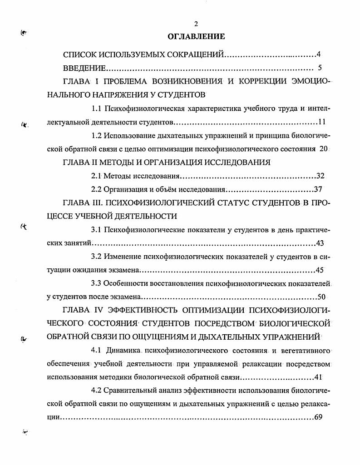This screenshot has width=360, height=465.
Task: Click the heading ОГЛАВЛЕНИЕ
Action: [196, 36]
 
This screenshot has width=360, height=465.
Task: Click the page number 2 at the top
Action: [196, 24]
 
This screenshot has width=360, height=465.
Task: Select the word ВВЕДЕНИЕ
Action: [85, 68]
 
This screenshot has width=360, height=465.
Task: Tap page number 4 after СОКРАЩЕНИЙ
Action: [319, 55]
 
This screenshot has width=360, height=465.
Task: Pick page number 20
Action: [323, 148]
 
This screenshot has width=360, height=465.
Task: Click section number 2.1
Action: [96, 176]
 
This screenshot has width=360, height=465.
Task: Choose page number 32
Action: [320, 176]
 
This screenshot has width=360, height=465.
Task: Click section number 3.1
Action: [96, 230]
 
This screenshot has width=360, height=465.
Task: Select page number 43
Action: [321, 243]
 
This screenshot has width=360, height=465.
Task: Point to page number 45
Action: [320, 270]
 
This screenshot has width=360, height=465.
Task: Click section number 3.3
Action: [96, 284]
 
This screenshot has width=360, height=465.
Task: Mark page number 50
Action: [321, 297]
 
